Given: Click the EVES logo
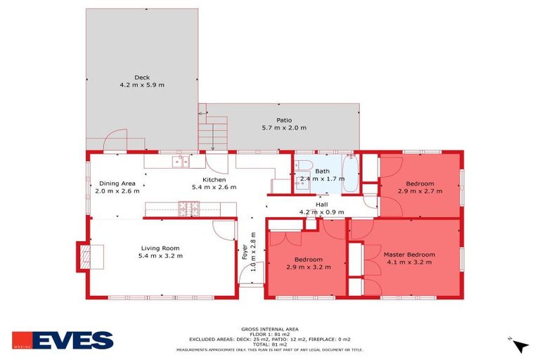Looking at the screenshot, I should click(x=63, y=340).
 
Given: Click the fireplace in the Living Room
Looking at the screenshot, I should click(x=85, y=256).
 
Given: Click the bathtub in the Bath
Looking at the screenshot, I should click(x=351, y=174).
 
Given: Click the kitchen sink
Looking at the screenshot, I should click(x=180, y=162).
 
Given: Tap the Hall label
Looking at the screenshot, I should click(x=321, y=204).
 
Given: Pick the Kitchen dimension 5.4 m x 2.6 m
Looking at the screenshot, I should click(x=214, y=188).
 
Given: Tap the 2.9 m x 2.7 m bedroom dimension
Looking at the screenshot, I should click(x=420, y=191).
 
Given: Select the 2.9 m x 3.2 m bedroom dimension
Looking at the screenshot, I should click(x=308, y=267).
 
